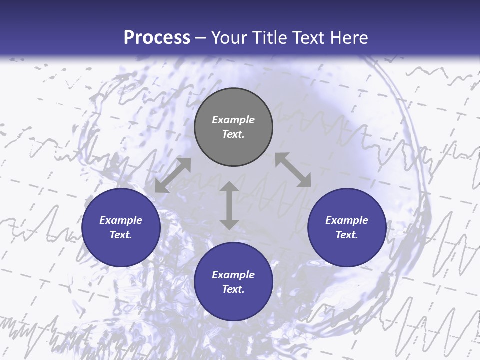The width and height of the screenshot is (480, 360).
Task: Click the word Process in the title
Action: pyautogui.click(x=157, y=38)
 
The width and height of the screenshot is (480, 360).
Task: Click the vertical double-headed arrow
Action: pyautogui.click(x=229, y=205)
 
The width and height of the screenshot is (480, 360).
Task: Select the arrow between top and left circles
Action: pyautogui.click(x=173, y=175)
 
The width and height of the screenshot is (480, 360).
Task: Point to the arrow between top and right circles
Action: pyautogui.click(x=293, y=170)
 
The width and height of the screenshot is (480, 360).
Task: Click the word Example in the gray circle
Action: pyautogui.click(x=233, y=120)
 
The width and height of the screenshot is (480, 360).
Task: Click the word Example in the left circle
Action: pyautogui.click(x=121, y=220)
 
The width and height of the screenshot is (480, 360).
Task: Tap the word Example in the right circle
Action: pyautogui.click(x=347, y=220)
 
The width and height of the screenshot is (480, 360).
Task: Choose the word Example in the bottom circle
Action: pyautogui.click(x=233, y=275)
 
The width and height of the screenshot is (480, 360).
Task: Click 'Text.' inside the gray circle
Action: pyautogui.click(x=233, y=134)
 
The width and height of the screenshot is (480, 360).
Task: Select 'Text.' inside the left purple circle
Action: pyautogui.click(x=121, y=235)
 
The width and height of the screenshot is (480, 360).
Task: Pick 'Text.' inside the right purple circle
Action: pyautogui.click(x=347, y=235)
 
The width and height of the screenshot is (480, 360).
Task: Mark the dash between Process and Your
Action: pyautogui.click(x=201, y=38)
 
